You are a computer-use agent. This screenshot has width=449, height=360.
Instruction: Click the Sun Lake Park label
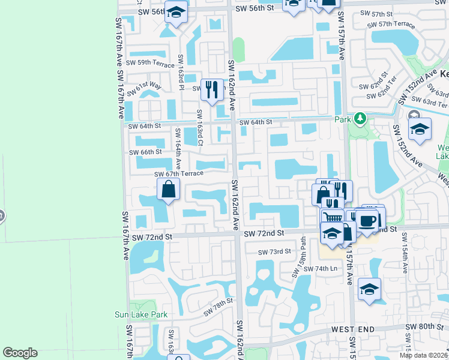point(140,314)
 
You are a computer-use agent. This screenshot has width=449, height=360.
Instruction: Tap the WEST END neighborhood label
point(353,329)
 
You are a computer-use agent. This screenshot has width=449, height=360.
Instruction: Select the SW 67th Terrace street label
point(179,174)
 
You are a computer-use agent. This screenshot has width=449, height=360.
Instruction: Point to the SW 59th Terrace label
point(147,62)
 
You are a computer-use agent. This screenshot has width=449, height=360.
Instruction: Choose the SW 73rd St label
point(274,252)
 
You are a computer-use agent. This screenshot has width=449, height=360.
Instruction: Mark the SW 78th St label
point(217,308)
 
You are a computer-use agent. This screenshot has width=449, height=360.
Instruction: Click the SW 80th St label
point(423,326)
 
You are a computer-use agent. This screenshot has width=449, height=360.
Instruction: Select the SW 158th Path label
point(300,262)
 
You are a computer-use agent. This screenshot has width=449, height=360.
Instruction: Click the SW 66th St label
point(146,152)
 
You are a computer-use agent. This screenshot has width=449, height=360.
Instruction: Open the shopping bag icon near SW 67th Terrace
point(169,190)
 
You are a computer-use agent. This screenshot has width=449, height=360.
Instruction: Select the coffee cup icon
point(367,220)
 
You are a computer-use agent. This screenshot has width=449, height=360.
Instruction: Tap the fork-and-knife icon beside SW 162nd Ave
point(211,90)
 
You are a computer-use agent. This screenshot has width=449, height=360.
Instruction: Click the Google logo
point(20,353)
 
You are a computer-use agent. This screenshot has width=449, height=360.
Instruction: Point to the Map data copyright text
point(424,355)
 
